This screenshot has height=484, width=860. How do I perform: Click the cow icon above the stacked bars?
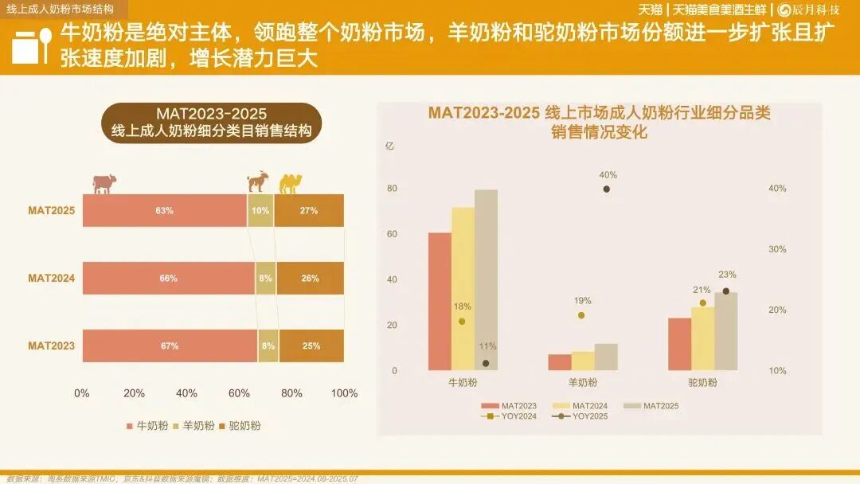[104, 183]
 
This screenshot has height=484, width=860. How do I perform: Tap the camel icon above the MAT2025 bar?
[291, 184]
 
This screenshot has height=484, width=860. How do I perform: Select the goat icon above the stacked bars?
[257, 182]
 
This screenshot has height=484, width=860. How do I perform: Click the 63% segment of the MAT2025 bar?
[164, 211]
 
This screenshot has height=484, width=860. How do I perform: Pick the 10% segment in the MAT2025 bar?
[260, 211]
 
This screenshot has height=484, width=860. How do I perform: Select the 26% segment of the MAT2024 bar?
[311, 279]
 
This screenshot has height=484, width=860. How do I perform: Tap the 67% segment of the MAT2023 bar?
[169, 346]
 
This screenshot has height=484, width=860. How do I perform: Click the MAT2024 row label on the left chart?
[52, 279]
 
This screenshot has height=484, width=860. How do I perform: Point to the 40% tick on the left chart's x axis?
[186, 393]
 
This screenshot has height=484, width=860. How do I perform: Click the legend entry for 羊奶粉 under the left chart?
[193, 426]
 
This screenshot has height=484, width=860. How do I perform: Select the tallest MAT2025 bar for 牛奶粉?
[486, 279]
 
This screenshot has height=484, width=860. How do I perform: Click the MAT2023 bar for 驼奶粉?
[679, 344]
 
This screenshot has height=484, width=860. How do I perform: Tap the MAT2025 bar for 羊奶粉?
[606, 357]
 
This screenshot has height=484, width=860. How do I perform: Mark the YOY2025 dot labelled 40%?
[607, 189]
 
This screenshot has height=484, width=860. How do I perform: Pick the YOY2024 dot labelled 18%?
[462, 321]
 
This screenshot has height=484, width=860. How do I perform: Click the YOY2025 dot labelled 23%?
[725, 291]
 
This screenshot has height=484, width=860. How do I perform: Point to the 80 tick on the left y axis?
[392, 189]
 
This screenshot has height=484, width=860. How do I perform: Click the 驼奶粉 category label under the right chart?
[702, 383]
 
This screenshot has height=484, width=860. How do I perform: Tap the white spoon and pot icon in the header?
[32, 47]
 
